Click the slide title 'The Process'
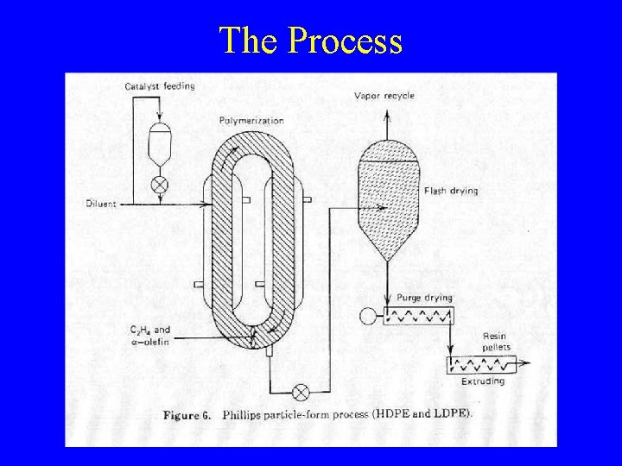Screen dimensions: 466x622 [x=311, y=40]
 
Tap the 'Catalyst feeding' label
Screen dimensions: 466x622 [x=159, y=85]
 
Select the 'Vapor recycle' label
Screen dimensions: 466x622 [x=384, y=96]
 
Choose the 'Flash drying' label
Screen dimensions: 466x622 [x=450, y=191]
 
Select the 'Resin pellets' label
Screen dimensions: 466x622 [x=496, y=342]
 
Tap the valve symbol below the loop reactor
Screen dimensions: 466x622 [x=301, y=393]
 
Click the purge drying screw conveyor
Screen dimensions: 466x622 [x=418, y=316]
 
